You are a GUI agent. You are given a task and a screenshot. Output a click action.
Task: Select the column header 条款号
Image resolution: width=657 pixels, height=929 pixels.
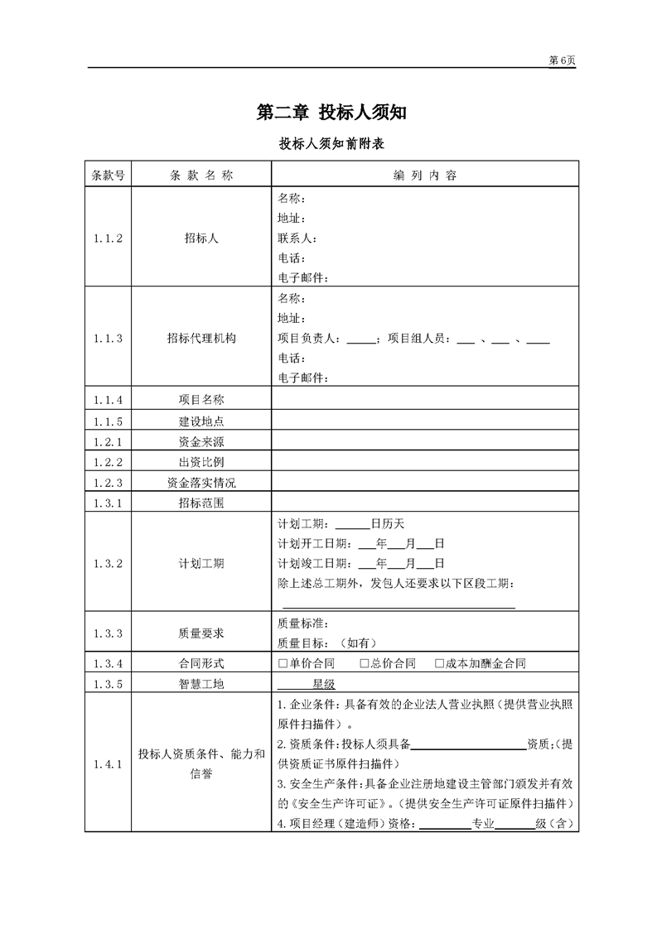[108, 176]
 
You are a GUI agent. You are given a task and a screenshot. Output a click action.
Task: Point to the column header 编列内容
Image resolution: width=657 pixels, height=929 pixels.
[425, 176]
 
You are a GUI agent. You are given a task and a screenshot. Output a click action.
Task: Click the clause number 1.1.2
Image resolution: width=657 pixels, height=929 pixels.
[108, 238]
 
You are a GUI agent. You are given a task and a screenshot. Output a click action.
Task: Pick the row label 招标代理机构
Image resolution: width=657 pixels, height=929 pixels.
[201, 338]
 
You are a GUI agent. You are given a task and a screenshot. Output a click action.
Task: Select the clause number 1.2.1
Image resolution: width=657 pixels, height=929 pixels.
[108, 441]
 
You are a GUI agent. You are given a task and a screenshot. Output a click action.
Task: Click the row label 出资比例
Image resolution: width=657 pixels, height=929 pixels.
[201, 462]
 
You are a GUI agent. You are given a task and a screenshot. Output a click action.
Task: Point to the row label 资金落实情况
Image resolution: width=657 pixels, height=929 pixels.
[201, 483]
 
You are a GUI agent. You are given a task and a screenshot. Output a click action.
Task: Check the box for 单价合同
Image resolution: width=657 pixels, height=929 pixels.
[283, 663]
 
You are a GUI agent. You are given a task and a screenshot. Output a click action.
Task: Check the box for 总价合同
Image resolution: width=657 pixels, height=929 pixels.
[365, 663]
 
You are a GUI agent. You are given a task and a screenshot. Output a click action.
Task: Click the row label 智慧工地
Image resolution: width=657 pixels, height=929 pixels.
[201, 684]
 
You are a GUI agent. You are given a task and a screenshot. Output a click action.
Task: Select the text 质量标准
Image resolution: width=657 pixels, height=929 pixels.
[302, 623]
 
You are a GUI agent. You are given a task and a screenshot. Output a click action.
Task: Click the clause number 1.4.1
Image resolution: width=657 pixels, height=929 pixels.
[108, 764]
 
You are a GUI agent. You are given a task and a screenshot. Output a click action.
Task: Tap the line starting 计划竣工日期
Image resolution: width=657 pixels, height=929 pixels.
[361, 564]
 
